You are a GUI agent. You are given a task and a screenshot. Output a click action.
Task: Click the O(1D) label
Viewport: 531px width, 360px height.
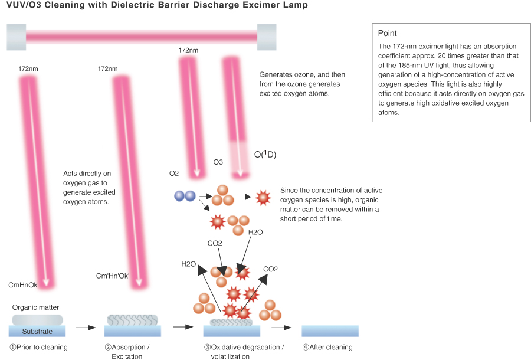[265, 155]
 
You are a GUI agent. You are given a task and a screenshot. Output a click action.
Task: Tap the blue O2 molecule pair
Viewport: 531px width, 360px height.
[185, 196]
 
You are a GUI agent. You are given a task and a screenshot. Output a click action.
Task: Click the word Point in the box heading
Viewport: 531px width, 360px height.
[388, 34]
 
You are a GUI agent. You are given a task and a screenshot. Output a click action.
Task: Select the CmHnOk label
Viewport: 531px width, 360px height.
[23, 285]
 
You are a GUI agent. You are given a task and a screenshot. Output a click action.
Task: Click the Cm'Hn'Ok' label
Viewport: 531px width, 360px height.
[113, 276]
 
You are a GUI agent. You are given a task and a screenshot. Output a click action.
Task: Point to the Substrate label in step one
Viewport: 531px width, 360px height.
[37, 332]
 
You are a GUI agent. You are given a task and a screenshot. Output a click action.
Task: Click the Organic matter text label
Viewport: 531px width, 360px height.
[36, 307]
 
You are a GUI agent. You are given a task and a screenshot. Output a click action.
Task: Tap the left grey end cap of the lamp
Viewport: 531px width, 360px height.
[16, 37]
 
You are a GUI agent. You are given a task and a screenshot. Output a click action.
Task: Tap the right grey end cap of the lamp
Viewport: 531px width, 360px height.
[267, 37]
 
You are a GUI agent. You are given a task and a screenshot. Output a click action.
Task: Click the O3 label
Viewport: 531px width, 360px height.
[218, 162]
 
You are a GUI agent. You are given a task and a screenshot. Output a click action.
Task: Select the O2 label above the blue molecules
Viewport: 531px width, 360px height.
[173, 173]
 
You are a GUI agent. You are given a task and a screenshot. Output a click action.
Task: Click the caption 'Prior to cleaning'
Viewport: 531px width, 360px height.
[38, 347]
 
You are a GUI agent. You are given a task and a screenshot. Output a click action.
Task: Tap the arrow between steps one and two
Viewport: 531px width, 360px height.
[86, 327]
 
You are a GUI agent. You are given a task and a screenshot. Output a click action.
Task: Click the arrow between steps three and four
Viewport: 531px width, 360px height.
[282, 327]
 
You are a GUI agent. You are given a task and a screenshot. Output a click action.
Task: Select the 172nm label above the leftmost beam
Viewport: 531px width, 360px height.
[28, 69]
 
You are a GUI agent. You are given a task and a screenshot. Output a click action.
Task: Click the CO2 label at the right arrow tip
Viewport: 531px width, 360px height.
[270, 269]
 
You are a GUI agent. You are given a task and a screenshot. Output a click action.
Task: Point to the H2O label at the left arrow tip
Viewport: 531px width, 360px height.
[189, 264]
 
